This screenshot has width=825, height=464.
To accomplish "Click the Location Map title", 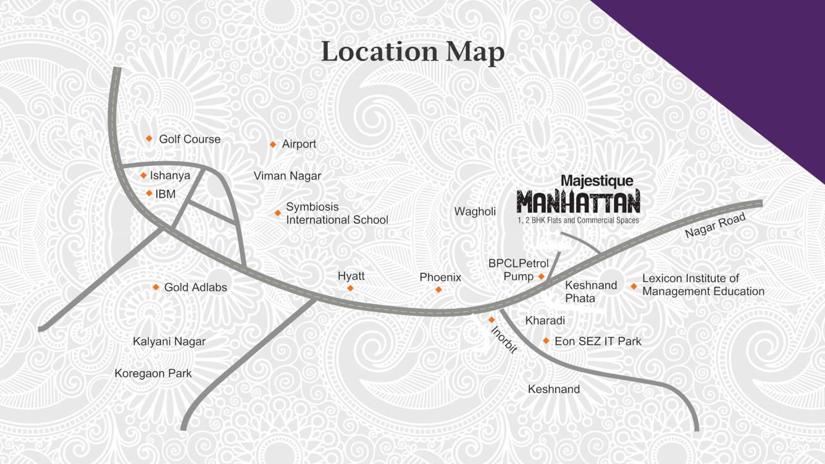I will tap(412, 52).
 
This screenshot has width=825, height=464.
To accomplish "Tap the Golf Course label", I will tap(190, 139).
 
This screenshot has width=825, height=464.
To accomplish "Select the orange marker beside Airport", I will tap(273, 144).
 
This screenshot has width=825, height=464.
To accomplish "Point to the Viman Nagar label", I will tap(287, 176).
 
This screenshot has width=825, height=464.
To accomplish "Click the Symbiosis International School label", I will tap(337, 213).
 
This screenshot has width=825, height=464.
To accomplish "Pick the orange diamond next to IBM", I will tap(149, 194).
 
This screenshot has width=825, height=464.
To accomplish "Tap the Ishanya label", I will tap(170, 176).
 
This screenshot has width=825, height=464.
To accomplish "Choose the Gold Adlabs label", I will tap(195, 288).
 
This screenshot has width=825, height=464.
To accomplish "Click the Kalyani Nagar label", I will tap(169, 341).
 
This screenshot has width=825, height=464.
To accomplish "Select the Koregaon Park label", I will tap(153, 373).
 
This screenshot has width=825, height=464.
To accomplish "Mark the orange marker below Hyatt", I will tap(350, 288).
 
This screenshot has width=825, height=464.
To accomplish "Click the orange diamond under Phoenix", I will tap(438, 289).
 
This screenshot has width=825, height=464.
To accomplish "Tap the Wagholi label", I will tap(475, 212).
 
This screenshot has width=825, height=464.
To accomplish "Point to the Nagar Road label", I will tap(715, 226).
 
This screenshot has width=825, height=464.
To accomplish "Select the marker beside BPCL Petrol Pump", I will tap(542, 276).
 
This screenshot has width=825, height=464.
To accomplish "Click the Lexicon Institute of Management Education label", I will tap(703, 285).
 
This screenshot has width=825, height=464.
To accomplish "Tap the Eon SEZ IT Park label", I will tap(598, 341).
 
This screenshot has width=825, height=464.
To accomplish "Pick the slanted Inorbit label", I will tap(503, 339).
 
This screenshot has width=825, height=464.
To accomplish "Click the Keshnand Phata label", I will tap(590, 291).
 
